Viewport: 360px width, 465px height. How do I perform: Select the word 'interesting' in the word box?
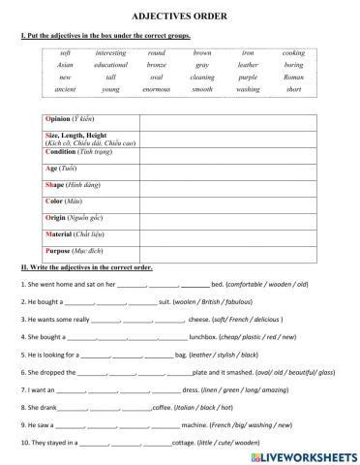tap(111, 51)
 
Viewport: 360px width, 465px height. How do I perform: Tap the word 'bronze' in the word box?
tap(156, 64)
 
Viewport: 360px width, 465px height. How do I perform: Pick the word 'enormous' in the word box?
tap(157, 88)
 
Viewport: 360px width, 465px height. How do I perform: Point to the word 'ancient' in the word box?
tap(66, 88)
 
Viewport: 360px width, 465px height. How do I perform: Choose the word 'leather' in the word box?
tap(249, 64)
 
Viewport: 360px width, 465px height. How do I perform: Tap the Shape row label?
tap(74, 184)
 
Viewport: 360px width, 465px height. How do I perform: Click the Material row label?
tap(79, 233)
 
